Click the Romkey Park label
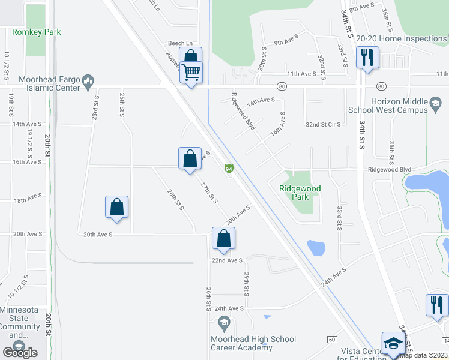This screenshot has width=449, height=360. coord(37,32)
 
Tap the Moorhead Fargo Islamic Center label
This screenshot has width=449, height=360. coord(49,83)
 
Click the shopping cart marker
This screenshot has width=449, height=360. coord(191,73)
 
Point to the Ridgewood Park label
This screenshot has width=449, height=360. coord(300,193)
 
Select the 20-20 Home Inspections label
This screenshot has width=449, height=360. coord(401,38)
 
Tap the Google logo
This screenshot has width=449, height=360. coord(20,352)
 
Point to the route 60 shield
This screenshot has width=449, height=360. coord(332,340)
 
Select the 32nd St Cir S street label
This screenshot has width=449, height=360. coord(323,124)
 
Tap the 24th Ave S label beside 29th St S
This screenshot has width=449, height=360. coord(229,308)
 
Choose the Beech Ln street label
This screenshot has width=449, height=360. coord(180,43)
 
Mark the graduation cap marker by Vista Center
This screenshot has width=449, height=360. coord(393,343)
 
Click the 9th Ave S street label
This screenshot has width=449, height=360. coord(286,43)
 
